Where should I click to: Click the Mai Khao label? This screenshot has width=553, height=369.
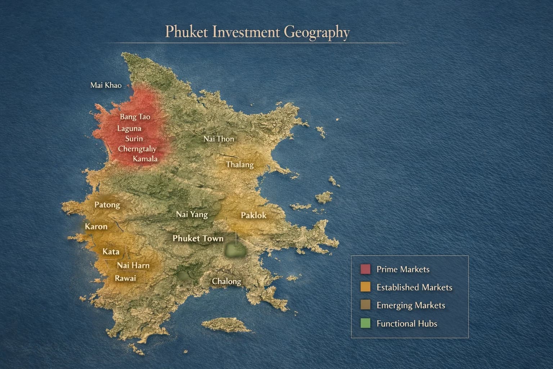[105, 85]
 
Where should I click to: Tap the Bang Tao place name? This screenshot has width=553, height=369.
[135, 117]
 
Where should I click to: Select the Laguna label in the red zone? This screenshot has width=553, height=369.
[129, 128]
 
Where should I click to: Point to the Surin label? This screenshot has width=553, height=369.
[134, 139]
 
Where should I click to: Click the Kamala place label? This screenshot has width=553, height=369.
[145, 159]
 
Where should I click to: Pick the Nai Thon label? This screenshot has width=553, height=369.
[219, 139]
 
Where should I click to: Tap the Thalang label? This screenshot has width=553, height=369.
[240, 165]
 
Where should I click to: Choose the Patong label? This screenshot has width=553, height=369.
[107, 205]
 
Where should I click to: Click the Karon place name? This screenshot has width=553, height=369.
[96, 227]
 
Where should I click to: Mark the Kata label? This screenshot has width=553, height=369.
[111, 252]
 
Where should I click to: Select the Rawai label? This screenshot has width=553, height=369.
[125, 278]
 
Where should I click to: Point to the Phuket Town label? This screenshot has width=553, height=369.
[198, 238]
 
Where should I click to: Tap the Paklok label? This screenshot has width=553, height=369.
[253, 215]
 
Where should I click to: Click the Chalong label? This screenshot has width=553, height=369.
[226, 281]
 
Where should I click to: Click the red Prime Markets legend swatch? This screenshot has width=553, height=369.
[365, 269]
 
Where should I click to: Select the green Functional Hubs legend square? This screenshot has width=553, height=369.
[365, 323]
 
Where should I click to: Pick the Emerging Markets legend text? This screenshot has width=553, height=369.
[411, 306]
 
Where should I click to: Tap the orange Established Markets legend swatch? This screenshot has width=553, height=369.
[365, 287]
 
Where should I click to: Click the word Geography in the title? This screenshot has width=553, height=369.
[317, 32]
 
